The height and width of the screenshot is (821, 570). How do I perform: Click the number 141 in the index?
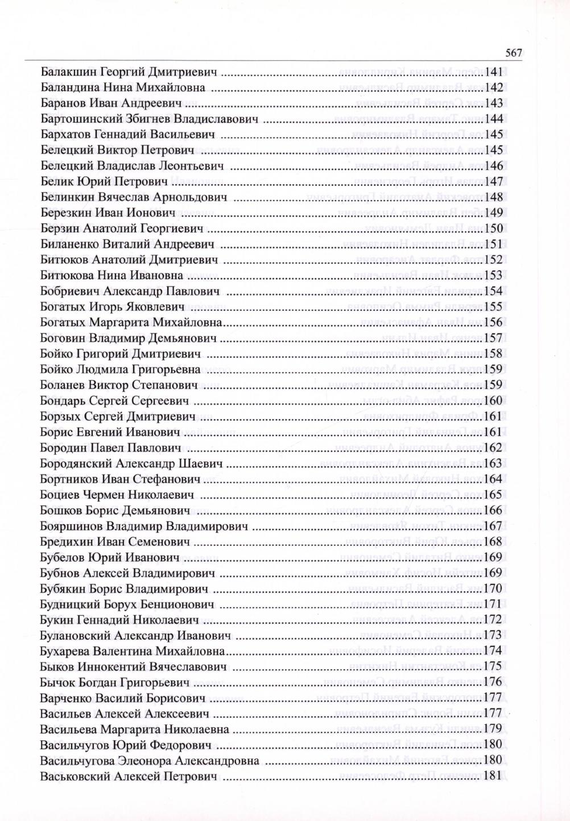(493, 72)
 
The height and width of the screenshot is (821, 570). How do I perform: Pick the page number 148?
(493, 198)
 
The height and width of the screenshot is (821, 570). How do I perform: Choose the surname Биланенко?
(71, 244)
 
